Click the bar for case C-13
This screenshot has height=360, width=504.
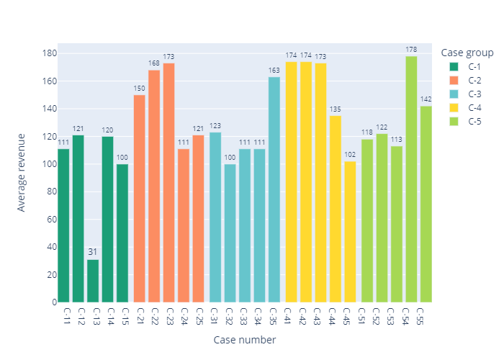click(x=93, y=281)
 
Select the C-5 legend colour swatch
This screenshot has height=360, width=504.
click(x=454, y=121)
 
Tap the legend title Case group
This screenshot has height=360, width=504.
click(x=465, y=53)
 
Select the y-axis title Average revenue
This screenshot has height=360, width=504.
click(x=22, y=171)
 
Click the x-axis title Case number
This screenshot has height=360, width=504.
click(x=245, y=340)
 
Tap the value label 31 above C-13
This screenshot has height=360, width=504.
click(x=93, y=252)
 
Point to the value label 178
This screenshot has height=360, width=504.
click(x=412, y=50)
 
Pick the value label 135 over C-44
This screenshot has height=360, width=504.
click(x=336, y=109)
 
